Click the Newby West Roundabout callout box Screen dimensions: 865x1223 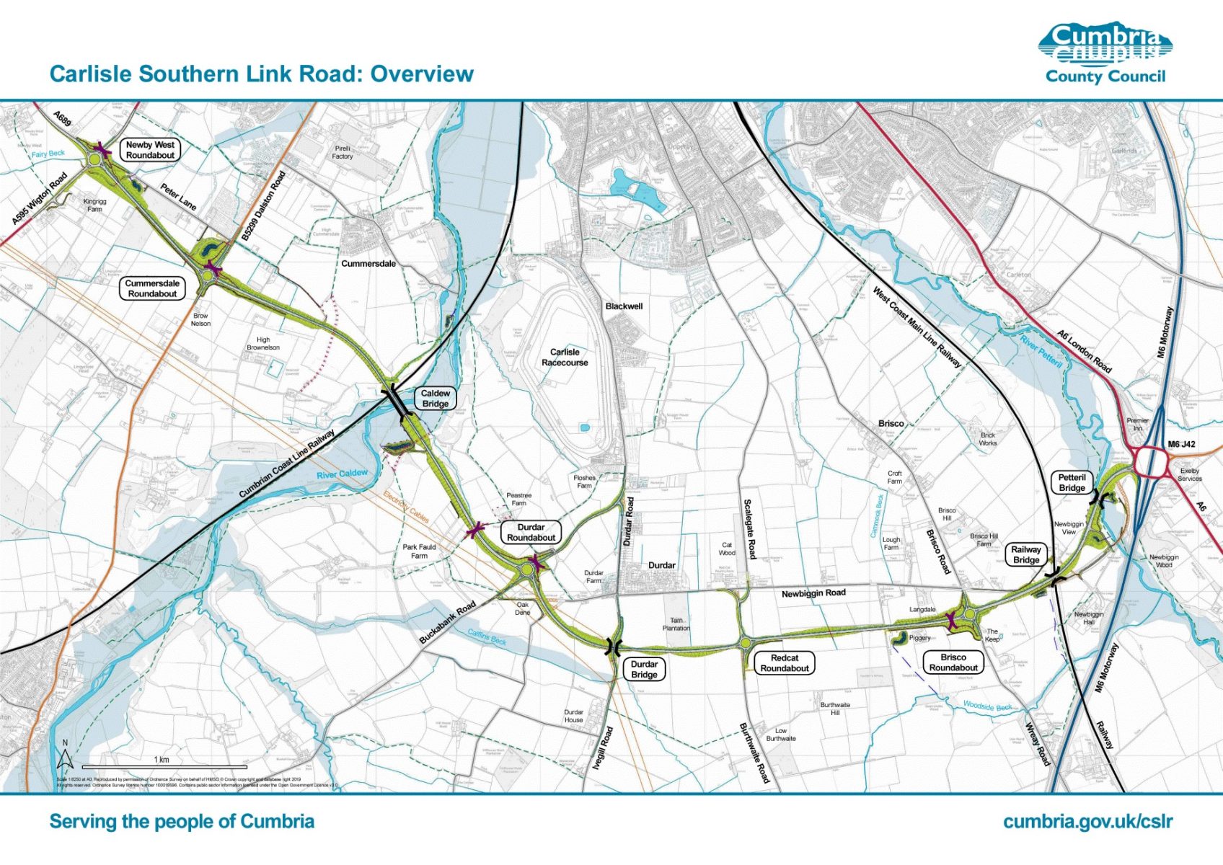(x=150, y=150)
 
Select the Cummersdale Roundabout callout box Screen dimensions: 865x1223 (x=152, y=288)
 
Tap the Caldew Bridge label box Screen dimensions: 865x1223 (x=435, y=399)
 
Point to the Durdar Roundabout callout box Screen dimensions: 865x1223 (x=531, y=532)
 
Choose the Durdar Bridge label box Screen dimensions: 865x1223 (x=644, y=670)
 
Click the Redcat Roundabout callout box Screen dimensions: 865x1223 (x=785, y=663)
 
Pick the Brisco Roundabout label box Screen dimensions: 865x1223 (x=953, y=662)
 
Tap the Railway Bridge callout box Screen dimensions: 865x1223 (x=1026, y=554)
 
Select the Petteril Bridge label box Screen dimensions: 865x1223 (x=1072, y=482)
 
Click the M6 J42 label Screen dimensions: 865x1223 (x=1181, y=444)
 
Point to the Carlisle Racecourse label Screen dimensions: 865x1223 (x=565, y=358)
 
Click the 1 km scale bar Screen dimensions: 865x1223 (x=164, y=766)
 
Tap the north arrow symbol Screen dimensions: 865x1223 (x=65, y=756)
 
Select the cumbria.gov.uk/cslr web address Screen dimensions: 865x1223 (x=1087, y=822)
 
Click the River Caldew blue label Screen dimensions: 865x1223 (x=342, y=474)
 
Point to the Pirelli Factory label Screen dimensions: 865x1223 (x=343, y=152)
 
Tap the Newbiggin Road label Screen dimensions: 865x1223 (x=813, y=593)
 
